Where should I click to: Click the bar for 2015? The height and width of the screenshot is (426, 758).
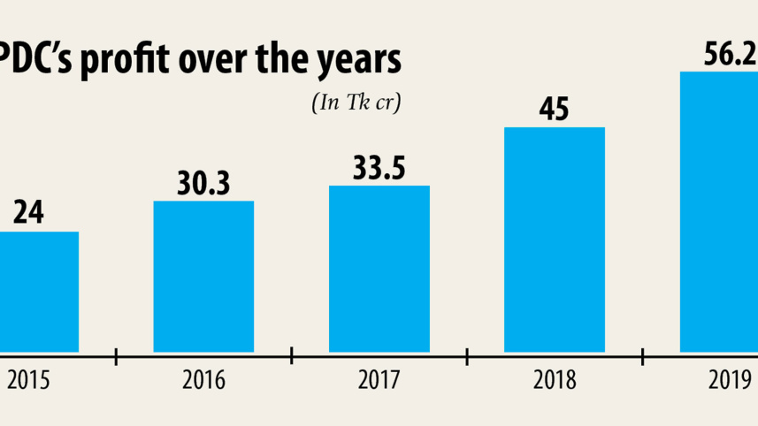[39, 292]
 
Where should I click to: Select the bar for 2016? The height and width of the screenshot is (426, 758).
[203, 277]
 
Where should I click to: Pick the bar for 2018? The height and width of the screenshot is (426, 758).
[555, 240]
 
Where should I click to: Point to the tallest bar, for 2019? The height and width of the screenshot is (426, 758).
[718, 212]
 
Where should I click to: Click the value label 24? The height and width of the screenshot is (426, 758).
[28, 213]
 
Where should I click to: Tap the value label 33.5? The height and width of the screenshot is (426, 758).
[379, 167]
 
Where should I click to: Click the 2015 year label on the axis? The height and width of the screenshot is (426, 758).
[28, 381]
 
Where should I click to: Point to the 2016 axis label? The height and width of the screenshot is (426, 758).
[203, 381]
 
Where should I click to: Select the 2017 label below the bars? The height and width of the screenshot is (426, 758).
[379, 381]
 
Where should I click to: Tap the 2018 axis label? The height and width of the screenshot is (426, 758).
[555, 381]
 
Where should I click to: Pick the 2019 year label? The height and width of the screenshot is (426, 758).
[727, 381]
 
